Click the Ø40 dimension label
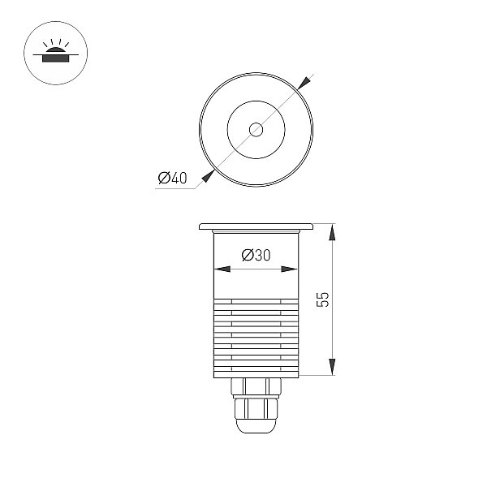tap(172, 178)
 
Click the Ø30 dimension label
tap(256, 255)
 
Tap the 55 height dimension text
tap(323, 300)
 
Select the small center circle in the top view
tap(256, 130)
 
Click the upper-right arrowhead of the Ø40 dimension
tap(304, 83)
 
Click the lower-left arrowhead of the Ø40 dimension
tap(208, 176)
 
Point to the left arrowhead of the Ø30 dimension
tap(222, 269)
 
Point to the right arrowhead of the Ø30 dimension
tap(290, 269)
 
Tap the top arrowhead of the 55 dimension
tap(332, 232)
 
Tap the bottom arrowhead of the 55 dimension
tap(332, 367)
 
